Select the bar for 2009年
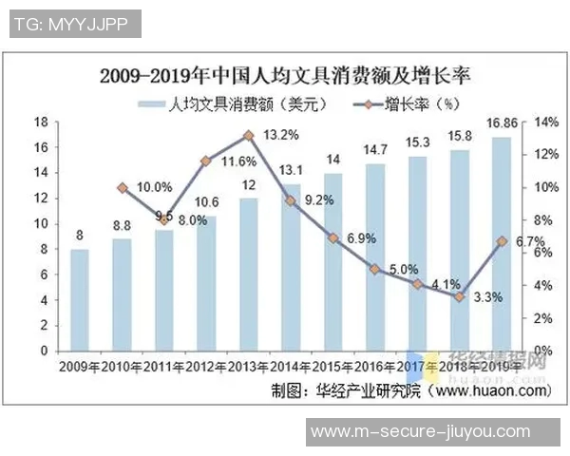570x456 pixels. pos(81,300)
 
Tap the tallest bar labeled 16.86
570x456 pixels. pos(501,243)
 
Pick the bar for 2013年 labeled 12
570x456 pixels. pos(249,274)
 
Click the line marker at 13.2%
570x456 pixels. pos(249,136)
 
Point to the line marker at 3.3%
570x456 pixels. pos(459,296)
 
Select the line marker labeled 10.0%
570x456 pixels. pos(123,188)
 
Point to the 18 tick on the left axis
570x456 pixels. pos(41,123)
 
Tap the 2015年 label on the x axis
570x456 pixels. pos(333,365)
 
